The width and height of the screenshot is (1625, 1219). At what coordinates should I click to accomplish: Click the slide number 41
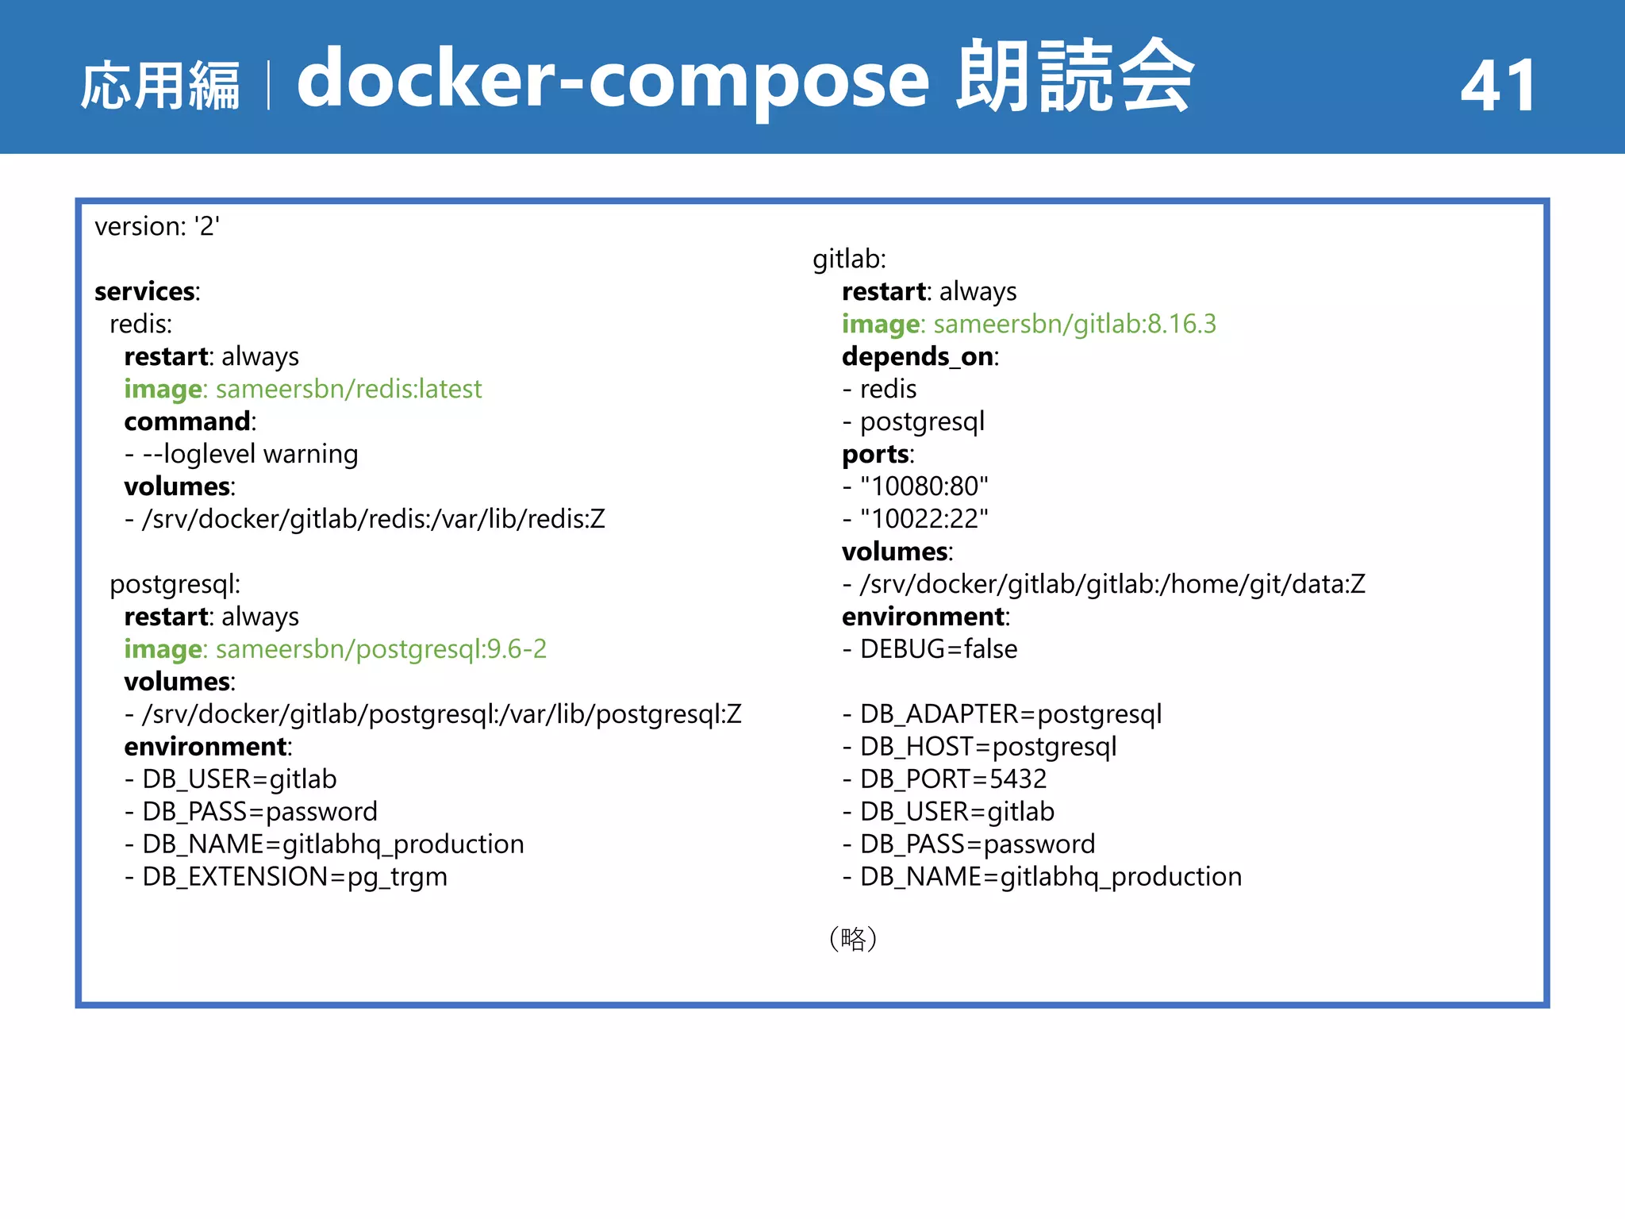[1498, 86]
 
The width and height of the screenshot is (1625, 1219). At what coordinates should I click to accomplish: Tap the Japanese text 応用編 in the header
[160, 86]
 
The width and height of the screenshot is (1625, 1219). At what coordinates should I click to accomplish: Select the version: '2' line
[157, 227]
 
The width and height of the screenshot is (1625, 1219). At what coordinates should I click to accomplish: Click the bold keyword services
[146, 292]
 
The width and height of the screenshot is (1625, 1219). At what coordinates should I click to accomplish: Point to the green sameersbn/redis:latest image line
[303, 390]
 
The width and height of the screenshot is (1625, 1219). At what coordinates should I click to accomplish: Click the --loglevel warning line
[241, 455]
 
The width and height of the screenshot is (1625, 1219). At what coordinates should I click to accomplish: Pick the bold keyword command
[188, 422]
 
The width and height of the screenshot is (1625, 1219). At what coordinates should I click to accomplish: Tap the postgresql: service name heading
[175, 585]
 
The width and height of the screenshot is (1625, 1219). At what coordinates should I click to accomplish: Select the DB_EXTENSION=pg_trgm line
[286, 878]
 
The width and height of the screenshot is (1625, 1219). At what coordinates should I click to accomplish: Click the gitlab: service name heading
[849, 260]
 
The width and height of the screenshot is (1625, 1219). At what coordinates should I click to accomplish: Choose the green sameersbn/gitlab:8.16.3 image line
[1028, 325]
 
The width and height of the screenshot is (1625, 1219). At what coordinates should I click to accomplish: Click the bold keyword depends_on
[918, 357]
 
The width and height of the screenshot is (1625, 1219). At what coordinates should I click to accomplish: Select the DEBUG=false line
[930, 650]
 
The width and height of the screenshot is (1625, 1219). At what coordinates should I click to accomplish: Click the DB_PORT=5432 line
[944, 780]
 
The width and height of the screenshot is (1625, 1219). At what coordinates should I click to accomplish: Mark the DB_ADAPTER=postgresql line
[1002, 715]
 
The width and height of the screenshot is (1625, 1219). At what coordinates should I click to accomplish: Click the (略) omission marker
[853, 939]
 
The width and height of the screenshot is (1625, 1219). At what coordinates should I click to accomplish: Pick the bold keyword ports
[875, 455]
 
